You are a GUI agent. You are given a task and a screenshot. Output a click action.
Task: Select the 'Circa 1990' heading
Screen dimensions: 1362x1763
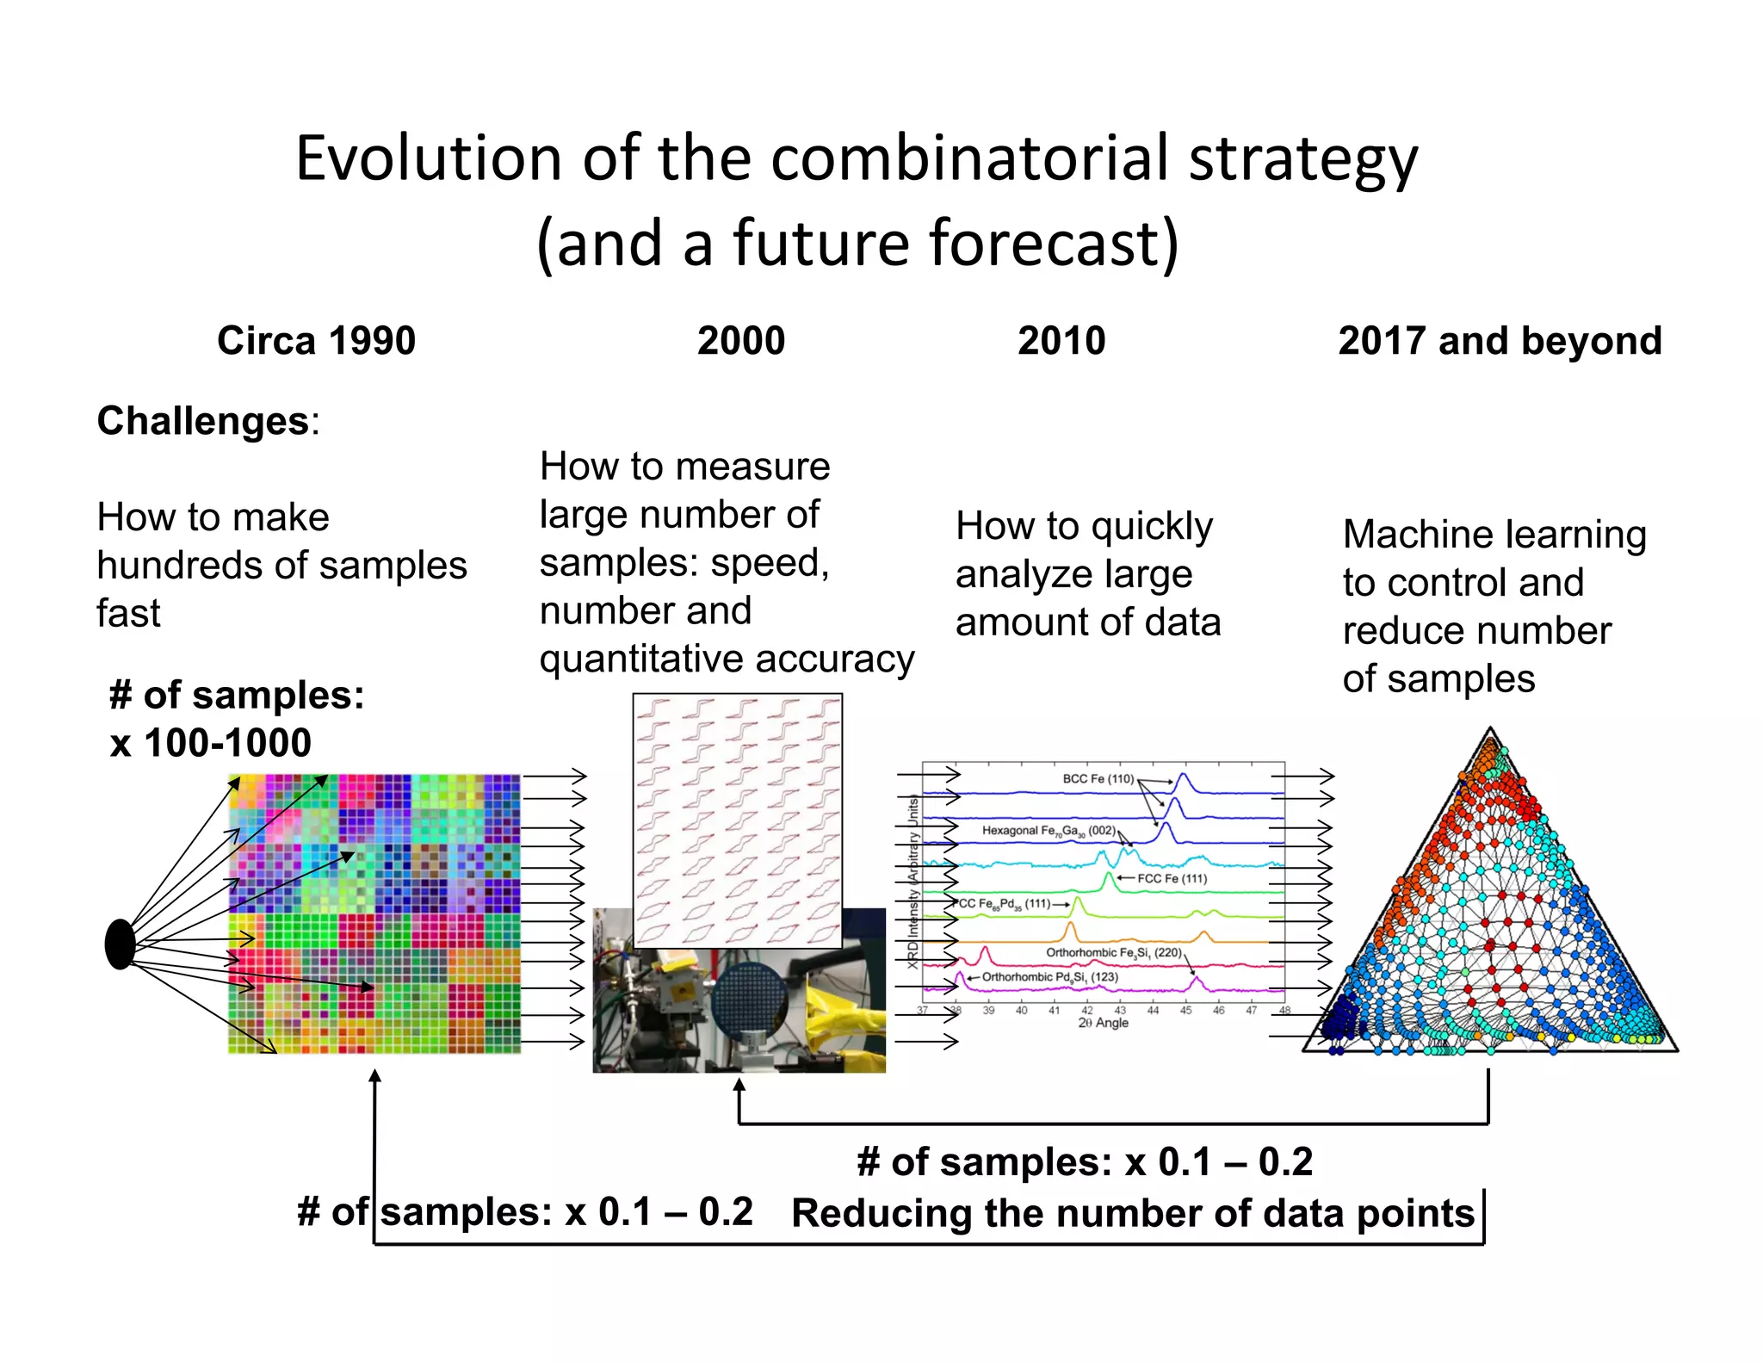316,341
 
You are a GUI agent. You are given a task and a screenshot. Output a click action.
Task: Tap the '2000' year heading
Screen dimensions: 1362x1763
740,341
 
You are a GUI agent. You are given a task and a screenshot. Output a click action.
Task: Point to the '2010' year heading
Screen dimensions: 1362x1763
1061,341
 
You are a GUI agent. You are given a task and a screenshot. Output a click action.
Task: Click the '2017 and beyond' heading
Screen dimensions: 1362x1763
1499,341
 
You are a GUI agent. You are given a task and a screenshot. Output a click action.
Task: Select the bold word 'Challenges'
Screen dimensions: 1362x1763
203,421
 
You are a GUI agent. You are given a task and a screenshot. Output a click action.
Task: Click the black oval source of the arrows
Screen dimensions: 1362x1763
121,944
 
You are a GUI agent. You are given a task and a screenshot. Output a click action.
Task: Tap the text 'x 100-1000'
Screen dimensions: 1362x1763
211,743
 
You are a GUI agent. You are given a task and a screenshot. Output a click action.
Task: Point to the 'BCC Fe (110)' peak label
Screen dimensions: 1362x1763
1098,778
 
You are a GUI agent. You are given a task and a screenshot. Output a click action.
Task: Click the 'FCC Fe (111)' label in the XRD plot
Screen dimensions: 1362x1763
1172,878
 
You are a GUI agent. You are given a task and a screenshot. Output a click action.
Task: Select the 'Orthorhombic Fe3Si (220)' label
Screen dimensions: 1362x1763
1113,952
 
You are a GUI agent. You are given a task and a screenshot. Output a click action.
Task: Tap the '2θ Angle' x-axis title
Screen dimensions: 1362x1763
1103,1023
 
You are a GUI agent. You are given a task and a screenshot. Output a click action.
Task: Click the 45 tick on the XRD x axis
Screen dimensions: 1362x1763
1185,1010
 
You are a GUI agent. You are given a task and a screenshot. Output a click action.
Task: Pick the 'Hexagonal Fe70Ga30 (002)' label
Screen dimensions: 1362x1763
1048,831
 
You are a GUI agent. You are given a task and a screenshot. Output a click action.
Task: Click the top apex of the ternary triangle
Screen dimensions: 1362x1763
1490,730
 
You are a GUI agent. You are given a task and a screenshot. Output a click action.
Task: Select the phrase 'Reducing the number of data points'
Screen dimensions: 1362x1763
1133,1213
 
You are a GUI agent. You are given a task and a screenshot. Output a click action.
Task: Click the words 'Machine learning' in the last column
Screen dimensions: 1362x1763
1494,535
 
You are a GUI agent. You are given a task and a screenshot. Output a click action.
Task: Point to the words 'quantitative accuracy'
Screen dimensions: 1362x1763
727,659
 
